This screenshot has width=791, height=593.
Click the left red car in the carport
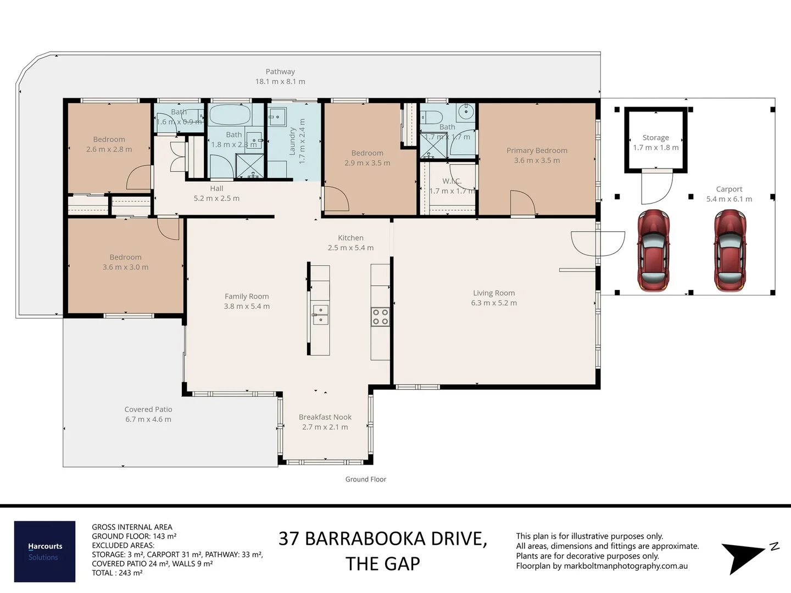coord(653,250)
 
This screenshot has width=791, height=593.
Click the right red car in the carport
coord(730,250)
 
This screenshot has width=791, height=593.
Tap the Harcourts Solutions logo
coord(44,551)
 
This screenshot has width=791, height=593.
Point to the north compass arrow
coord(744,556)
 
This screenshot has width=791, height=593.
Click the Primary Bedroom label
coord(537,150)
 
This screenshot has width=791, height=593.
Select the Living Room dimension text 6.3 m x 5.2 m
coord(494,303)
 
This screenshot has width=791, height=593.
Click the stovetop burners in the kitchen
coord(380,317)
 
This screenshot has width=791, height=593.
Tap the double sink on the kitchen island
coord(320,315)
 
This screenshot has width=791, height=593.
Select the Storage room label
coord(655,138)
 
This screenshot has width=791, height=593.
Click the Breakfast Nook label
coord(325,417)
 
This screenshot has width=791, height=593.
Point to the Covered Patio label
coord(148,410)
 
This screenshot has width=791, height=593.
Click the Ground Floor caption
coord(365,479)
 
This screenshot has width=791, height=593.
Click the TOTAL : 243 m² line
coord(117,573)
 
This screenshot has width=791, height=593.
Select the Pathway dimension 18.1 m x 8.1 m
coord(280,81)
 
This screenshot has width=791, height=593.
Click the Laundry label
coord(293,141)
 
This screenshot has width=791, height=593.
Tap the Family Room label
coord(247,296)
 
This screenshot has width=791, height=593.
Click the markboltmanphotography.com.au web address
coord(626,566)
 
